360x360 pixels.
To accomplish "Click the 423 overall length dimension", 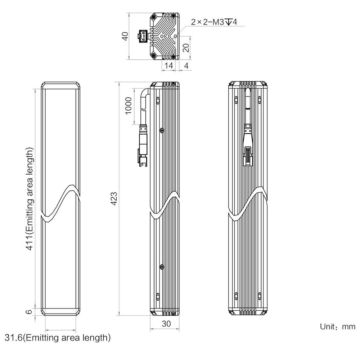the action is [114, 198].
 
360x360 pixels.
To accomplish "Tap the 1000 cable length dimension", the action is [129, 105].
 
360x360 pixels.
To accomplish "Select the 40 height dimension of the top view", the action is [125, 36].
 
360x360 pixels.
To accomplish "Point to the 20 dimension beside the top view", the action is [186, 48].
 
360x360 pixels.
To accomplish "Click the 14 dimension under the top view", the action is [168, 66].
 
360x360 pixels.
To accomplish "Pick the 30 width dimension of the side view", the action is [166, 324].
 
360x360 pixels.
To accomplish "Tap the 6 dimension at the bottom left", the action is [29, 311].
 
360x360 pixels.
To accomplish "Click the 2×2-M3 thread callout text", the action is [214, 22].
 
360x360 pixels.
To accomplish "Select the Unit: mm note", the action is [338, 327].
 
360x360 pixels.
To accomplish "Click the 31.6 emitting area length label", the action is [58, 338].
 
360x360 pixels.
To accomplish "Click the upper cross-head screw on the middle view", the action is [162, 130].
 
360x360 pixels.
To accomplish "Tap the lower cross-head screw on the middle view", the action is [162, 267].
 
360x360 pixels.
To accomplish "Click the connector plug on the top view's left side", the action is [143, 36].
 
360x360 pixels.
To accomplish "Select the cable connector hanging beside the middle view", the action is [143, 145].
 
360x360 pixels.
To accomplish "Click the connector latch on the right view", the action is [248, 156].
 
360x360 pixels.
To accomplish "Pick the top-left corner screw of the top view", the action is [153, 17].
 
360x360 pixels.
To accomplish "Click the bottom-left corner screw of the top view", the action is [153, 55].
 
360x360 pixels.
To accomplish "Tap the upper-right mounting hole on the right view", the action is [260, 100].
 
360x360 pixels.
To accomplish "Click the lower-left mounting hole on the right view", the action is [236, 296].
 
